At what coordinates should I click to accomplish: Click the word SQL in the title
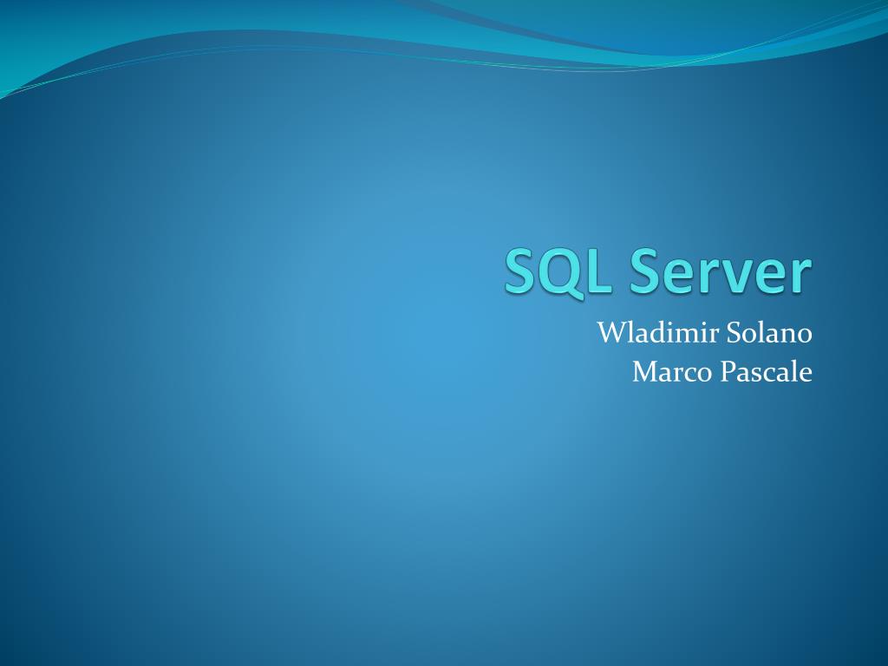click(559, 271)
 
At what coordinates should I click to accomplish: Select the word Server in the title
click(721, 271)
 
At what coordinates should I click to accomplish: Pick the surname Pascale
click(767, 372)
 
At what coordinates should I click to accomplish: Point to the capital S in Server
click(648, 271)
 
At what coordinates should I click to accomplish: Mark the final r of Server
click(802, 276)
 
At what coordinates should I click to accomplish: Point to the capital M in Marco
click(645, 372)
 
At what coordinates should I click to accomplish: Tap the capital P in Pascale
click(728, 372)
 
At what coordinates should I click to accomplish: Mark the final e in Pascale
click(806, 375)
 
